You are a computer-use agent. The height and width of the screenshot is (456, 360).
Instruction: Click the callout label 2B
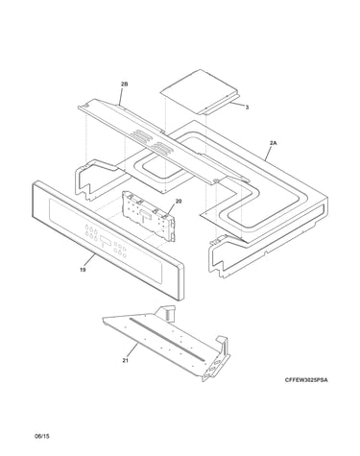[x=124, y=84]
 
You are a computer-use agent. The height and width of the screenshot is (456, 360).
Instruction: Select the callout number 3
[x=247, y=108]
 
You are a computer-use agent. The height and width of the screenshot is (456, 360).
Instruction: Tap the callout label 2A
[x=273, y=143]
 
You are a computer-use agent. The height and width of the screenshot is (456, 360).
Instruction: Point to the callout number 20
[x=179, y=202]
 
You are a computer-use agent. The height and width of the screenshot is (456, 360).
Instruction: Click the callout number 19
[x=83, y=270]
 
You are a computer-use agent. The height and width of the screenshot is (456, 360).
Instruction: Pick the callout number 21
[x=125, y=361]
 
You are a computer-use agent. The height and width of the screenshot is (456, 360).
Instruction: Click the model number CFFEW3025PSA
[x=306, y=380]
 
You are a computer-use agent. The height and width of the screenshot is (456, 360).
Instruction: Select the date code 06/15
[x=42, y=436]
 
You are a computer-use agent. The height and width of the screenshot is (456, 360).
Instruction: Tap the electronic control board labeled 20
[x=149, y=215]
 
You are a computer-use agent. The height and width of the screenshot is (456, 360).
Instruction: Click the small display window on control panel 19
[x=106, y=240]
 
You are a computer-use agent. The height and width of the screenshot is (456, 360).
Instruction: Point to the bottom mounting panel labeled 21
[x=166, y=344]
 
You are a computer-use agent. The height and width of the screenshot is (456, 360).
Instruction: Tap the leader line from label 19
[x=90, y=260]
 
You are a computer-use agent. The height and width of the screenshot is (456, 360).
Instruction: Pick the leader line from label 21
[x=132, y=350]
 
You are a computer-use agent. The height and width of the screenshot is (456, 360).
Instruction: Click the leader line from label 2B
[x=122, y=95]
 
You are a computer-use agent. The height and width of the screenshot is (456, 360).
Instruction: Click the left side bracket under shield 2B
[x=97, y=180]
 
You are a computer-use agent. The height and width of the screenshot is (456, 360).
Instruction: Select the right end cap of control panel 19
[x=180, y=281]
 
